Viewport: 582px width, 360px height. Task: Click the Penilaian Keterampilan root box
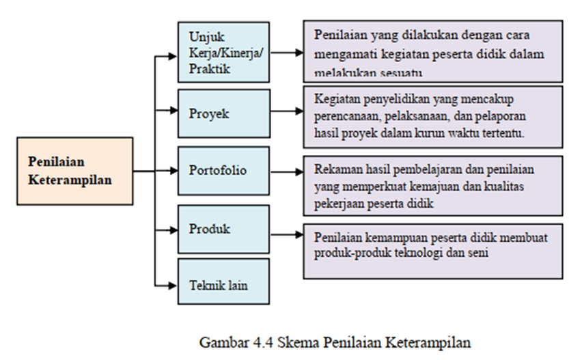(x=75, y=171)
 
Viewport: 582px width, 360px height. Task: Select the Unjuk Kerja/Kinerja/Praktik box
(x=225, y=52)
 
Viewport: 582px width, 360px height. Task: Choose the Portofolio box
(x=225, y=171)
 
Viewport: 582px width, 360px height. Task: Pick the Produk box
(x=225, y=229)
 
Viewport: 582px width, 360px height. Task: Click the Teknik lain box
(x=225, y=285)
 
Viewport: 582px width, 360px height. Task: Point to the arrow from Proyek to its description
(x=286, y=113)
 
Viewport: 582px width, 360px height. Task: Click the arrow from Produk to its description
(x=286, y=234)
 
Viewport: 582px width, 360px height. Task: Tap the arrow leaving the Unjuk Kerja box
(x=286, y=52)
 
